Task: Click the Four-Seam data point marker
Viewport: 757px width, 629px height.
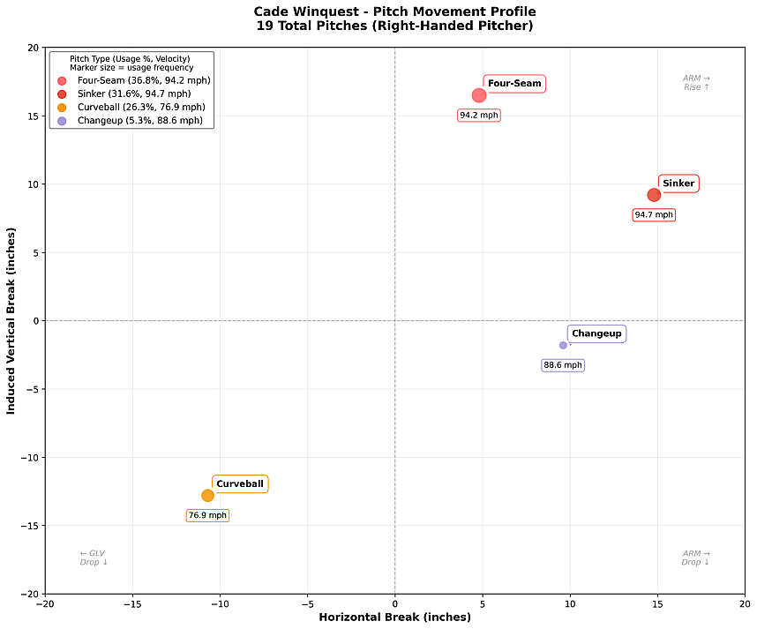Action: (479, 95)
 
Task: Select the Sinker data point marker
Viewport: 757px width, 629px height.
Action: (654, 195)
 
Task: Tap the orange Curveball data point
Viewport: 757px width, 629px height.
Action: (207, 496)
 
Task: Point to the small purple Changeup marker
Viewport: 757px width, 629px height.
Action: (563, 345)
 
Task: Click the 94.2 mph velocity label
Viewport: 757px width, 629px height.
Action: (479, 116)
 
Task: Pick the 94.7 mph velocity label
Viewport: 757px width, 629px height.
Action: (654, 215)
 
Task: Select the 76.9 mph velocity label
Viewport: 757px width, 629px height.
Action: (207, 515)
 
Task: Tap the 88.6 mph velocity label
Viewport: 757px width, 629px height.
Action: (563, 365)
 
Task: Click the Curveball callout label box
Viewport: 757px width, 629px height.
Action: (240, 484)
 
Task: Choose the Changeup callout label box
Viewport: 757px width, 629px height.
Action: (596, 333)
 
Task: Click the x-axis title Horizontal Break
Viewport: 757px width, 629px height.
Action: (394, 618)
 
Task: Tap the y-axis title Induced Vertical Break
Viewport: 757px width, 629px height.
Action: (11, 319)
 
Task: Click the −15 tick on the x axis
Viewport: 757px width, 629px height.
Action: (132, 605)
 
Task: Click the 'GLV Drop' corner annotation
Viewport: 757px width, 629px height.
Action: (93, 558)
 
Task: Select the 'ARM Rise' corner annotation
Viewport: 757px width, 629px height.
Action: (696, 83)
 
